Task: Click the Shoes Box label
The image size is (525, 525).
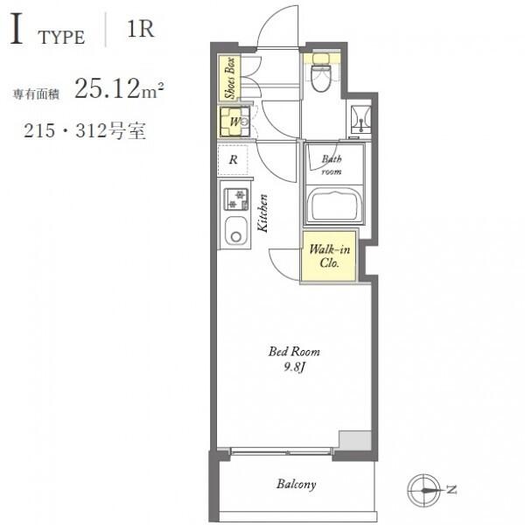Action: [x=229, y=79]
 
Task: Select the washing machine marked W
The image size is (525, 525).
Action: [x=234, y=122]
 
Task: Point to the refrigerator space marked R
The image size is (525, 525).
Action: [x=233, y=160]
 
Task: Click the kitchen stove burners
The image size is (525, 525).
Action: [x=236, y=199]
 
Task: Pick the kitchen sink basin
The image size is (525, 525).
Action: [x=236, y=231]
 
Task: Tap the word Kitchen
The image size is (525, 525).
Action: [x=262, y=213]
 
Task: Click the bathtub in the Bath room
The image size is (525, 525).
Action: [x=334, y=205]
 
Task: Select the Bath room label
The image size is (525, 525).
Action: [x=332, y=165]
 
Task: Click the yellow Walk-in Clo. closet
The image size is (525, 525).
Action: [x=328, y=256]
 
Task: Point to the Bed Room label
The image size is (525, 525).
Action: [x=294, y=352]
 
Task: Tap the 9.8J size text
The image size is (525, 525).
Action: [x=294, y=367]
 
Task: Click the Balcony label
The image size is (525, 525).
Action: [x=297, y=485]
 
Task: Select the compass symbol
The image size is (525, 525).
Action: [x=424, y=491]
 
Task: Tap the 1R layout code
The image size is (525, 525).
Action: [x=141, y=30]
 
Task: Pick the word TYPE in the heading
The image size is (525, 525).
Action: [x=61, y=37]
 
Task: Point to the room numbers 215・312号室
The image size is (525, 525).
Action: [x=85, y=130]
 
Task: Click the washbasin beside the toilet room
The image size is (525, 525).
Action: [x=360, y=119]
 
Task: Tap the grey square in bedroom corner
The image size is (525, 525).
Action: [x=355, y=441]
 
